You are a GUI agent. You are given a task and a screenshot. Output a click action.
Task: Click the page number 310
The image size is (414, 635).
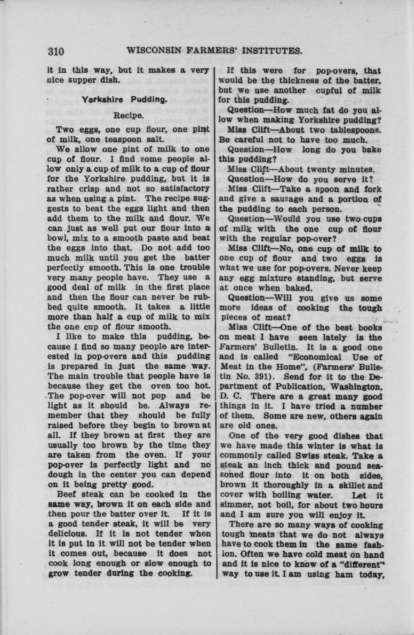(56, 52)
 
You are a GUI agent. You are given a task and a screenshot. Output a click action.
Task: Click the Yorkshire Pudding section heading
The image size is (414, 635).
(124, 99)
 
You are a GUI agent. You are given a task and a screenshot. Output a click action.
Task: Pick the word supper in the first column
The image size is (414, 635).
(89, 80)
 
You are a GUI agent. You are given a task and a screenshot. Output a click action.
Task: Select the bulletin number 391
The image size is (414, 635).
(263, 376)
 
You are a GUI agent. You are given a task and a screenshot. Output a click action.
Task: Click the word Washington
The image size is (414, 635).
(352, 386)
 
